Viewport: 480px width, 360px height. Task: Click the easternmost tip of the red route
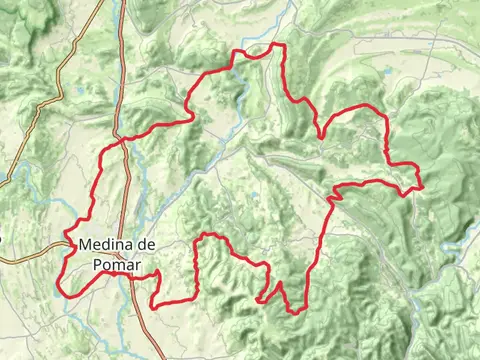click(x=423, y=186)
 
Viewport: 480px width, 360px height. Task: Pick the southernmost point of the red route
click(x=296, y=313)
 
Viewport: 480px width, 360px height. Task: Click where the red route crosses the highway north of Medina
click(x=123, y=140)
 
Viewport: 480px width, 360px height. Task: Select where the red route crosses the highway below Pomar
click(x=130, y=277)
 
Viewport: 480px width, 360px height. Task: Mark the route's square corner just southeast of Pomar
click(x=152, y=306)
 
